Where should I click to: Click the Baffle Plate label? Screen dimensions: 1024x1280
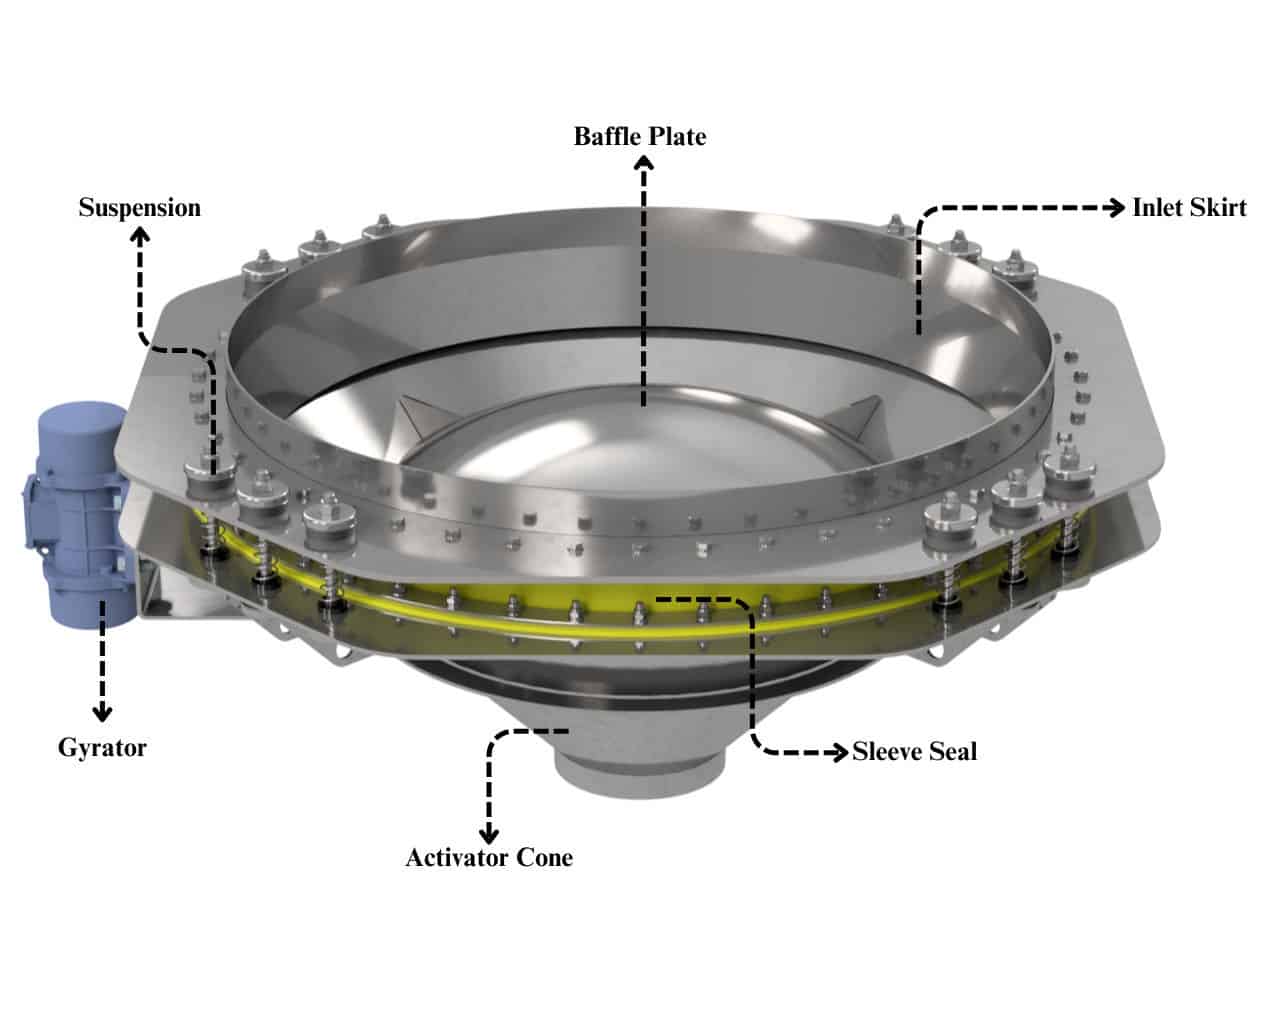640,136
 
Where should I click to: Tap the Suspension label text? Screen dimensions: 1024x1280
139,208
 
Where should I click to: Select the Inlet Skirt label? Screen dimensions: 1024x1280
1189,208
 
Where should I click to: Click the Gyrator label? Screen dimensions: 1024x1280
102,748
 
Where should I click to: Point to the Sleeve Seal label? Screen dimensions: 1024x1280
914,752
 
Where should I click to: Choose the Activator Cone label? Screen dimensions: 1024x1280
489,858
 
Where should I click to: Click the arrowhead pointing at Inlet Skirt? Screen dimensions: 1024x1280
1116,208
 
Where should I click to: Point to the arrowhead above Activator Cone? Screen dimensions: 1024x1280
489,834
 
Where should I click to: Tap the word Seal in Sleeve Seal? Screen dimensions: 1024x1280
953,752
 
